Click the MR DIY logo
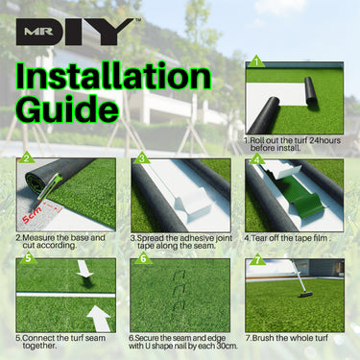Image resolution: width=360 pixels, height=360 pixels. (76, 32)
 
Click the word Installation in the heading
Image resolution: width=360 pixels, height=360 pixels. (113, 76)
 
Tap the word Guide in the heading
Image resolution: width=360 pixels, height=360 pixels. (67, 108)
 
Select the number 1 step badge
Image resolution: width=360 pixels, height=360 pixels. (256, 60)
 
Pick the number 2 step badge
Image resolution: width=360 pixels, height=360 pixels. (27, 157)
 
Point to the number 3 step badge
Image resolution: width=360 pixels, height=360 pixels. (142, 157)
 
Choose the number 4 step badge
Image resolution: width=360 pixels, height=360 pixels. (256, 158)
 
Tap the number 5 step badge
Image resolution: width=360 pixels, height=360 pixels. (28, 257)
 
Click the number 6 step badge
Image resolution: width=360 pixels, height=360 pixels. (143, 257)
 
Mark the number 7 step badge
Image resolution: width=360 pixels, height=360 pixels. (257, 259)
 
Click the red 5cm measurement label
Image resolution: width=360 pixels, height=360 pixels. (32, 215)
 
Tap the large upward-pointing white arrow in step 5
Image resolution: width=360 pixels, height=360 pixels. (100, 319)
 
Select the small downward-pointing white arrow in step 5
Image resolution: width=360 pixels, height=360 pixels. (84, 269)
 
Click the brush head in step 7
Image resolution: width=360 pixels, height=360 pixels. (305, 295)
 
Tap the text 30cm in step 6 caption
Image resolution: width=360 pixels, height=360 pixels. (228, 346)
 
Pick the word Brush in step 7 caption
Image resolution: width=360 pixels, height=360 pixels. (263, 338)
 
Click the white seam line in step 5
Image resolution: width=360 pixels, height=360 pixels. (65, 295)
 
